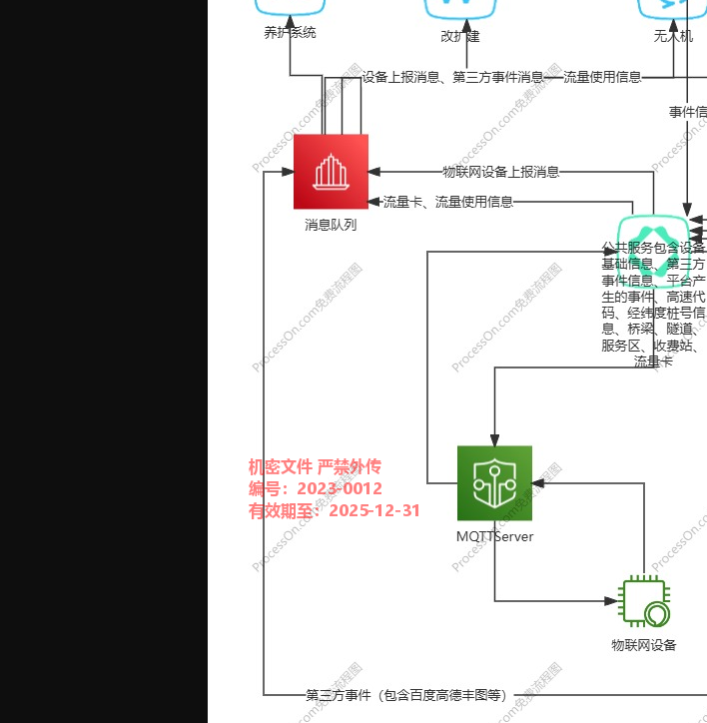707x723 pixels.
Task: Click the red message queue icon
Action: click(x=331, y=171)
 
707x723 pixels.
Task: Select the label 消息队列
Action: click(x=331, y=226)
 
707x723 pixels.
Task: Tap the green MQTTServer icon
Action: click(x=494, y=483)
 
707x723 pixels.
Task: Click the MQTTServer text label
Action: click(x=494, y=537)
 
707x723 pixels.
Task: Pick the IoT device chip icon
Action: click(x=644, y=602)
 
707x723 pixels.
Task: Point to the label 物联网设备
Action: click(x=644, y=645)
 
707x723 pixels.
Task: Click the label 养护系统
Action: click(x=290, y=33)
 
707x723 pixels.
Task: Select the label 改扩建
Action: click(x=460, y=37)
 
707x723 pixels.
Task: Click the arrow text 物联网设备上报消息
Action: click(x=500, y=172)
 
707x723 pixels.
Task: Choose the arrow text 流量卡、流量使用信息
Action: click(x=448, y=202)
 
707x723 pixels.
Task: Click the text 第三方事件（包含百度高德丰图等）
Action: click(x=405, y=695)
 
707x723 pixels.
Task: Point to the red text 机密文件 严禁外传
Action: click(x=315, y=467)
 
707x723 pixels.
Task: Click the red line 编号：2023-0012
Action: click(x=315, y=489)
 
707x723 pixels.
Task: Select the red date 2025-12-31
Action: click(x=374, y=511)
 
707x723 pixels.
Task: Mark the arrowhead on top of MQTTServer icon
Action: click(x=494, y=439)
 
